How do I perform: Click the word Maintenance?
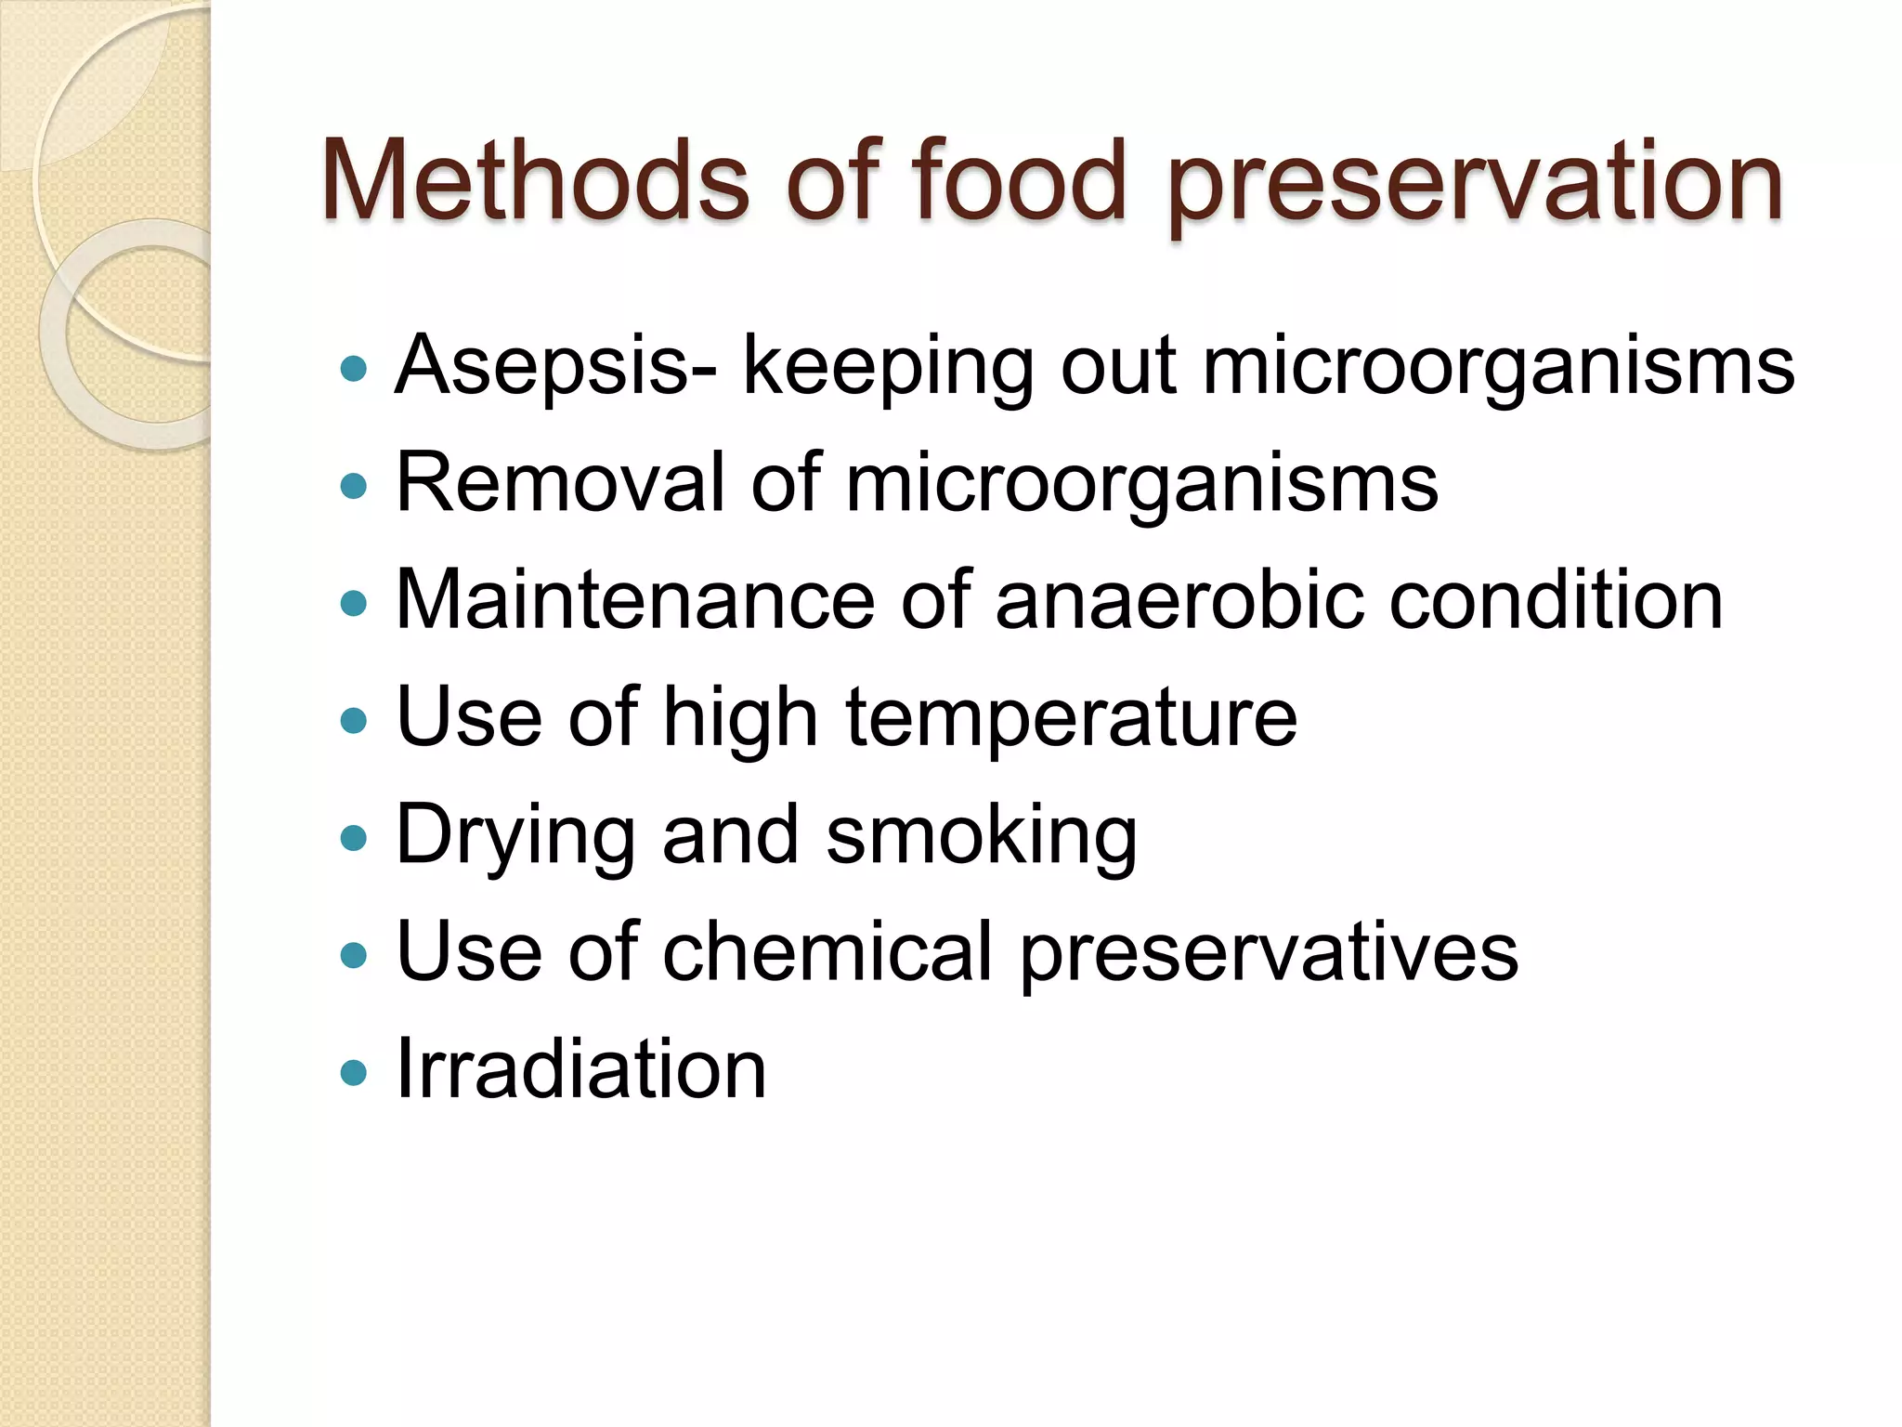pyautogui.click(x=635, y=600)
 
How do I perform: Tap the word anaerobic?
pyautogui.click(x=1179, y=600)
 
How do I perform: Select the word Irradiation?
pyautogui.click(x=581, y=1070)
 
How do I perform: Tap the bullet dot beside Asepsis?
pyautogui.click(x=354, y=369)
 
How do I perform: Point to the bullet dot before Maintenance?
pyautogui.click(x=354, y=604)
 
